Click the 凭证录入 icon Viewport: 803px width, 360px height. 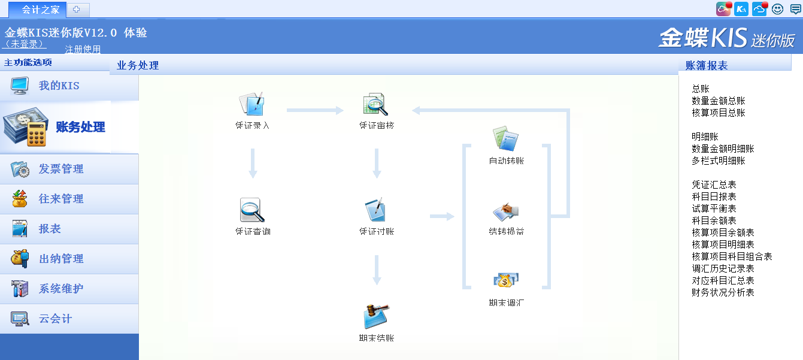pyautogui.click(x=252, y=105)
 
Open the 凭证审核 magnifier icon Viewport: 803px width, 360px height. pyautogui.click(x=375, y=105)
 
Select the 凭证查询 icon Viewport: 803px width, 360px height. pyautogui.click(x=252, y=211)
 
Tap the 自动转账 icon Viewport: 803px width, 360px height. pyautogui.click(x=506, y=139)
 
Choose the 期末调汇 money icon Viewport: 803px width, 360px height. pyautogui.click(x=506, y=280)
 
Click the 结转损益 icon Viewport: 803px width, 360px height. pyautogui.click(x=506, y=211)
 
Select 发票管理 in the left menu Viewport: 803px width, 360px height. pyautogui.click(x=61, y=170)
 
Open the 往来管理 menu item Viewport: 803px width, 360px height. pyautogui.click(x=61, y=199)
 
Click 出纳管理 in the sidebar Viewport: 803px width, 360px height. pyautogui.click(x=61, y=259)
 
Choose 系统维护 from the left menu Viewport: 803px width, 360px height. pyautogui.click(x=61, y=289)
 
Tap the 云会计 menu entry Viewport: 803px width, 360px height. pyautogui.click(x=55, y=319)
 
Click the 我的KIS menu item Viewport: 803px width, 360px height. pyautogui.click(x=59, y=86)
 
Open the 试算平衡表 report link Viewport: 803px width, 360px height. pyautogui.click(x=714, y=208)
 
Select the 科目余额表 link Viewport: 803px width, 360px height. pyautogui.click(x=714, y=220)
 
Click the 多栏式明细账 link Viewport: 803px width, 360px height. pyautogui.click(x=719, y=161)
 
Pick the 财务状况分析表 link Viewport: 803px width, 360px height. pyautogui.click(x=723, y=292)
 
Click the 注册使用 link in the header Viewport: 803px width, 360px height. pyautogui.click(x=83, y=49)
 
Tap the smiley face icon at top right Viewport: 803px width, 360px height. pyautogui.click(x=777, y=9)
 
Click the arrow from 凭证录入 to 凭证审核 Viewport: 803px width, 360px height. pyautogui.click(x=315, y=110)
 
